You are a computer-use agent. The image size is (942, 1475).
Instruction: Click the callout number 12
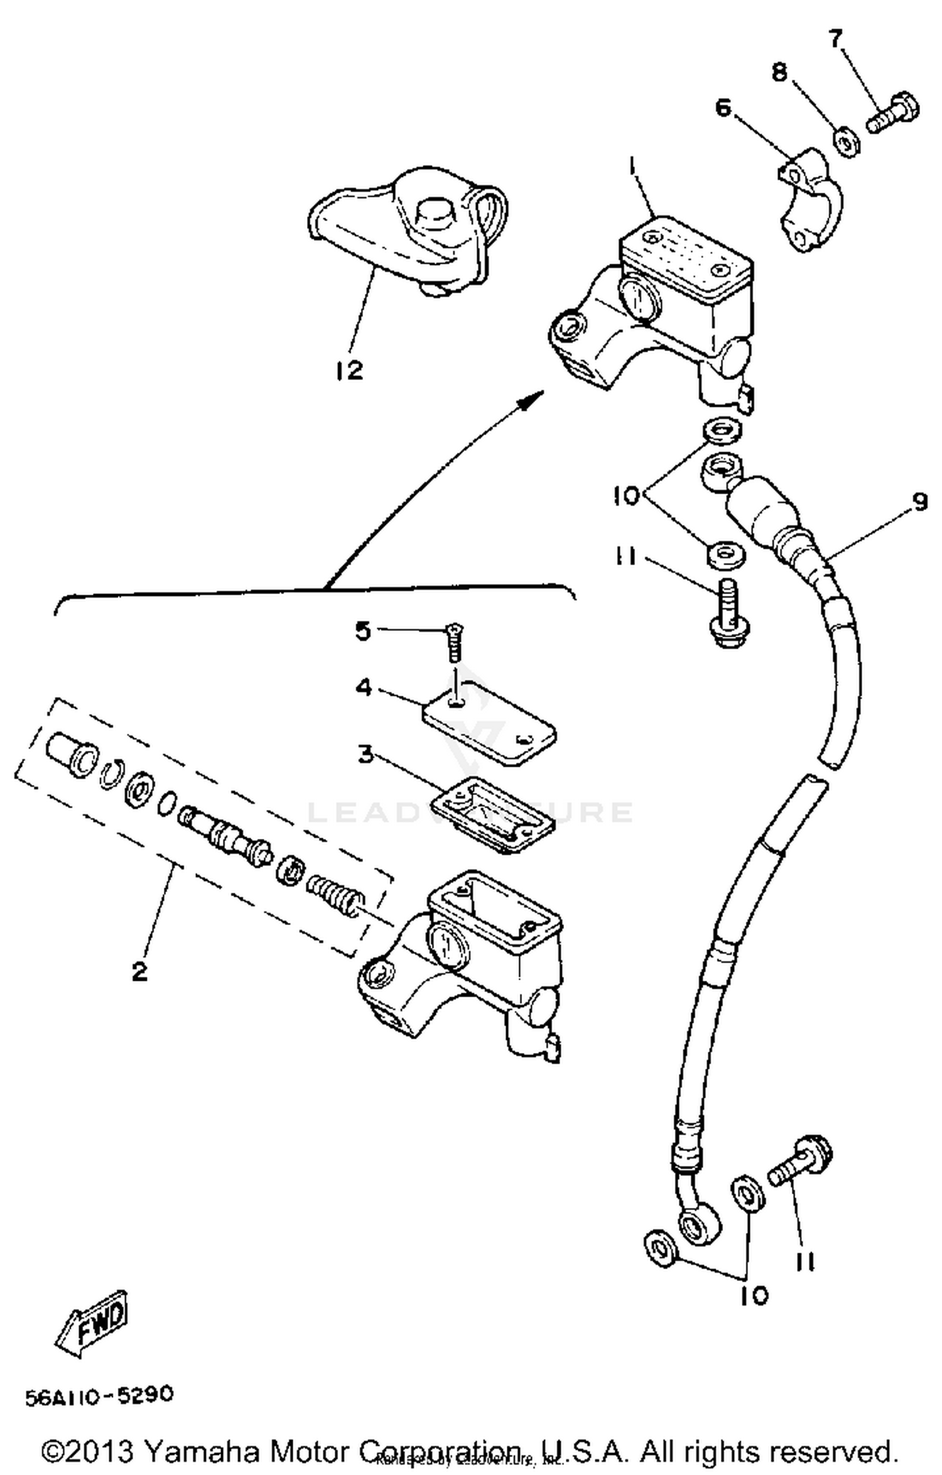pos(349,370)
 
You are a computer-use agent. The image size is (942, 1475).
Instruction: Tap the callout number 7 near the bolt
pos(835,39)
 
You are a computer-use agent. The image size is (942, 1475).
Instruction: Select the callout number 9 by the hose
pos(919,502)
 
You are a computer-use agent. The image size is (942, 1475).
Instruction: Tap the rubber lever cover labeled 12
pos(408,232)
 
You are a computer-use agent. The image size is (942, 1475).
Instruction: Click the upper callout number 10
pos(626,495)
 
